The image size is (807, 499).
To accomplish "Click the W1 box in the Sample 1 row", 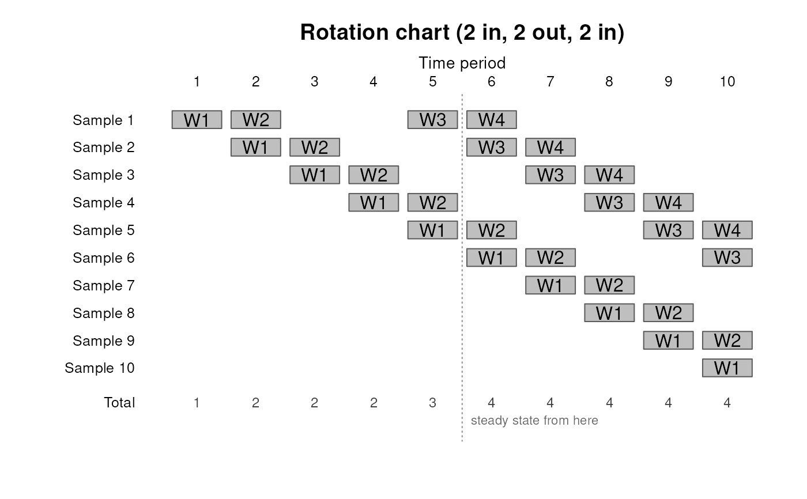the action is point(197,119).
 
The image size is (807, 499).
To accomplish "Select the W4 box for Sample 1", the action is point(491,119).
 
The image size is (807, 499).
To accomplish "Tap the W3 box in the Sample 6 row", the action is point(727,258).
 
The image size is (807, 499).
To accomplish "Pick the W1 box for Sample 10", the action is point(727,368).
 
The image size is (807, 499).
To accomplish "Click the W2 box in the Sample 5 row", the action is point(491,230).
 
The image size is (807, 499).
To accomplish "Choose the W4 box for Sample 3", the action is point(609,175).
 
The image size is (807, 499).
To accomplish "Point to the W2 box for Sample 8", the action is point(668,312).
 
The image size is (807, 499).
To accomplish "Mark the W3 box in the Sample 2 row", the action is point(491,148).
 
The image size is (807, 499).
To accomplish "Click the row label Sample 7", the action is point(103,285).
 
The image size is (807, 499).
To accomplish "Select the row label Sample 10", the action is point(99,368).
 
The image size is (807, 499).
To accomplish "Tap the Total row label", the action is point(119,403).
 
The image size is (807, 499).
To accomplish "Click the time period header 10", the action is point(727,82).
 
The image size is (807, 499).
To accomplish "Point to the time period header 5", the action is point(433,82).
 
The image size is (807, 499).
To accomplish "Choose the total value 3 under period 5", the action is point(432,403).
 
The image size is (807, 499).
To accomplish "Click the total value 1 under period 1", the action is point(197,403).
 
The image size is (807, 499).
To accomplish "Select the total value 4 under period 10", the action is point(727,403).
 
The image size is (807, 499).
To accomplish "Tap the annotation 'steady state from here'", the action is point(534,420).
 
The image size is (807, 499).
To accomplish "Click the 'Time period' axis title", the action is point(462,63).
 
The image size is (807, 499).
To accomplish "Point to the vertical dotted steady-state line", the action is point(462,268).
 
